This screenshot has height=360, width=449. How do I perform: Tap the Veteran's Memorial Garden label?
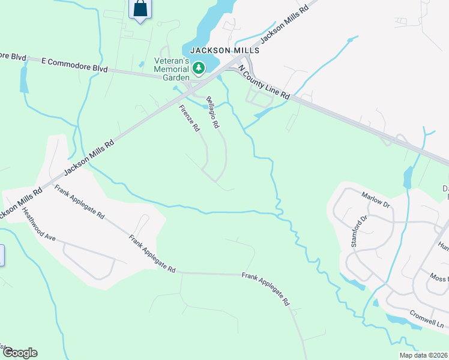pos(172,68)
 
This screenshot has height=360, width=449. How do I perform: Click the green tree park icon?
pos(199,68)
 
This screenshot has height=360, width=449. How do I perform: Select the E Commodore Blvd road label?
pos(74,65)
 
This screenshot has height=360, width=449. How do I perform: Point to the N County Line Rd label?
pos(264,83)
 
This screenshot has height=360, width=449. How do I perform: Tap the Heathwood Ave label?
pos(39,224)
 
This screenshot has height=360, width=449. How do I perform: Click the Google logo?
pos(19,353)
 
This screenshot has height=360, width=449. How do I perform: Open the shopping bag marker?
pos(140,9)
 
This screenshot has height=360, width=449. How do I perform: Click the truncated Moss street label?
pos(439,278)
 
